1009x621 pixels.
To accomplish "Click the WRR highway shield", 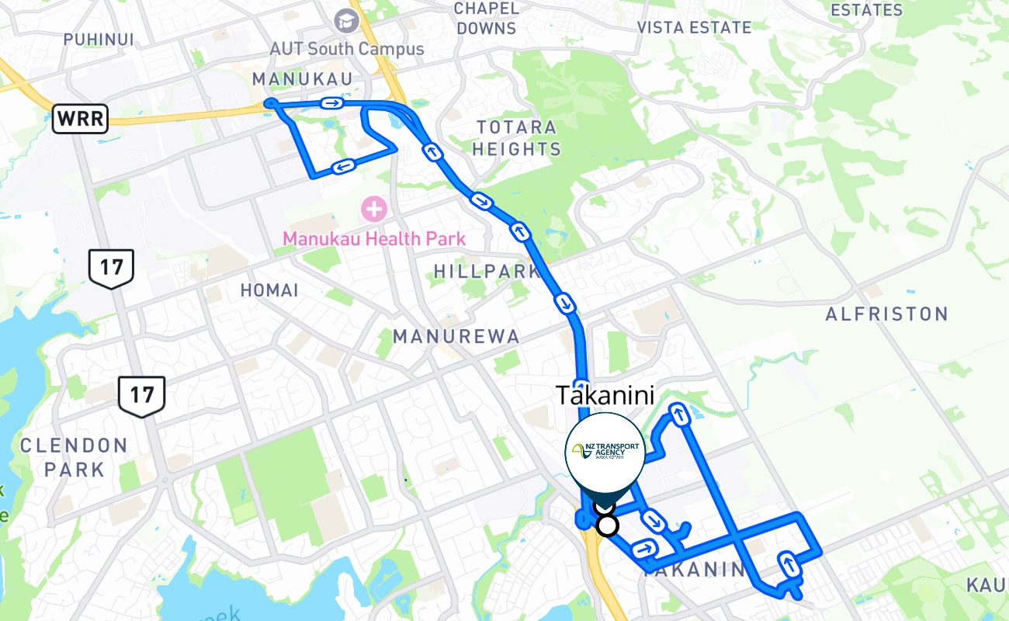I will pyautogui.click(x=80, y=120).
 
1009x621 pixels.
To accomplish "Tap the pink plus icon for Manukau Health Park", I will pyautogui.click(x=374, y=209).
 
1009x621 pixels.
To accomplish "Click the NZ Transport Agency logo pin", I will pyautogui.click(x=605, y=454).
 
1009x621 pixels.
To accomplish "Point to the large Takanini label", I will pyautogui.click(x=605, y=395).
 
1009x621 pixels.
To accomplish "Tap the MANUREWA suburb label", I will pyautogui.click(x=456, y=336).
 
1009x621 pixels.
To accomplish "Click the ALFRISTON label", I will pyautogui.click(x=886, y=314).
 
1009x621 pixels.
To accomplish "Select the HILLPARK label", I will pyautogui.click(x=487, y=272).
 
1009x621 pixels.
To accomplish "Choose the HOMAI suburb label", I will pyautogui.click(x=269, y=290).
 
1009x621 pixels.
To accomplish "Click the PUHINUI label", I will pyautogui.click(x=99, y=39).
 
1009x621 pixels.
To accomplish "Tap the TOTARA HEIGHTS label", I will pyautogui.click(x=516, y=137).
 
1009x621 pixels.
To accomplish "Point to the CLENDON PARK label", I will pyautogui.click(x=74, y=457).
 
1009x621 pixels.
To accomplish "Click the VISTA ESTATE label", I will pyautogui.click(x=694, y=27).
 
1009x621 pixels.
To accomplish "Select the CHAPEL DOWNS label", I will pyautogui.click(x=487, y=18).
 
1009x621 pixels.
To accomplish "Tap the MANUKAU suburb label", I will pyautogui.click(x=302, y=79).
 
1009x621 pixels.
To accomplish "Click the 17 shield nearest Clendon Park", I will pyautogui.click(x=141, y=395).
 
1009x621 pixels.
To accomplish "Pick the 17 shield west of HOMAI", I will pyautogui.click(x=112, y=269).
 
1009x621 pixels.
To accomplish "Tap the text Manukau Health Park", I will pyautogui.click(x=374, y=238).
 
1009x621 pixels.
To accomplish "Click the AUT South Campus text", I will pyautogui.click(x=346, y=49).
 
